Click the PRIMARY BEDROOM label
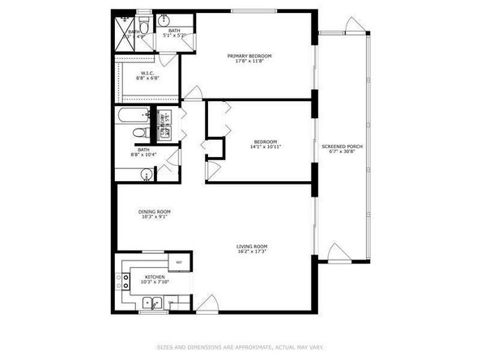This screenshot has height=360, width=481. coord(253,55)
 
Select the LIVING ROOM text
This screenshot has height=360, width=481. coord(251,246)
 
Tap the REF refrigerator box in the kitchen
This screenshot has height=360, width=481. coord(179,263)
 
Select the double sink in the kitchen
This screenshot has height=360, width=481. coord(154,304)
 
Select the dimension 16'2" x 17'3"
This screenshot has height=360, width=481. coord(251,252)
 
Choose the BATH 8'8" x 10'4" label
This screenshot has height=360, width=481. coord(143,151)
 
